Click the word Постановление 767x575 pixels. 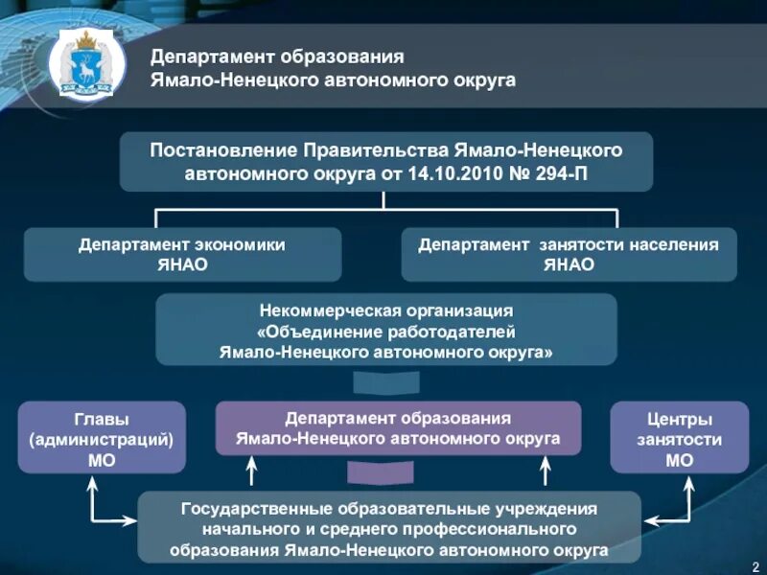(223, 150)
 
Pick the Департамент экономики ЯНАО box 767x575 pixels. (181, 254)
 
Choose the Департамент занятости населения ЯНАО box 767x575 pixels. (569, 254)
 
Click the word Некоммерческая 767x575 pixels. (320, 311)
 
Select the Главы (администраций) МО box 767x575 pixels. (102, 437)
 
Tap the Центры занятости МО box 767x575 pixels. (678, 437)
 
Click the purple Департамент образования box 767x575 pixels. (398, 428)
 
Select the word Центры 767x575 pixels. (678, 419)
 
